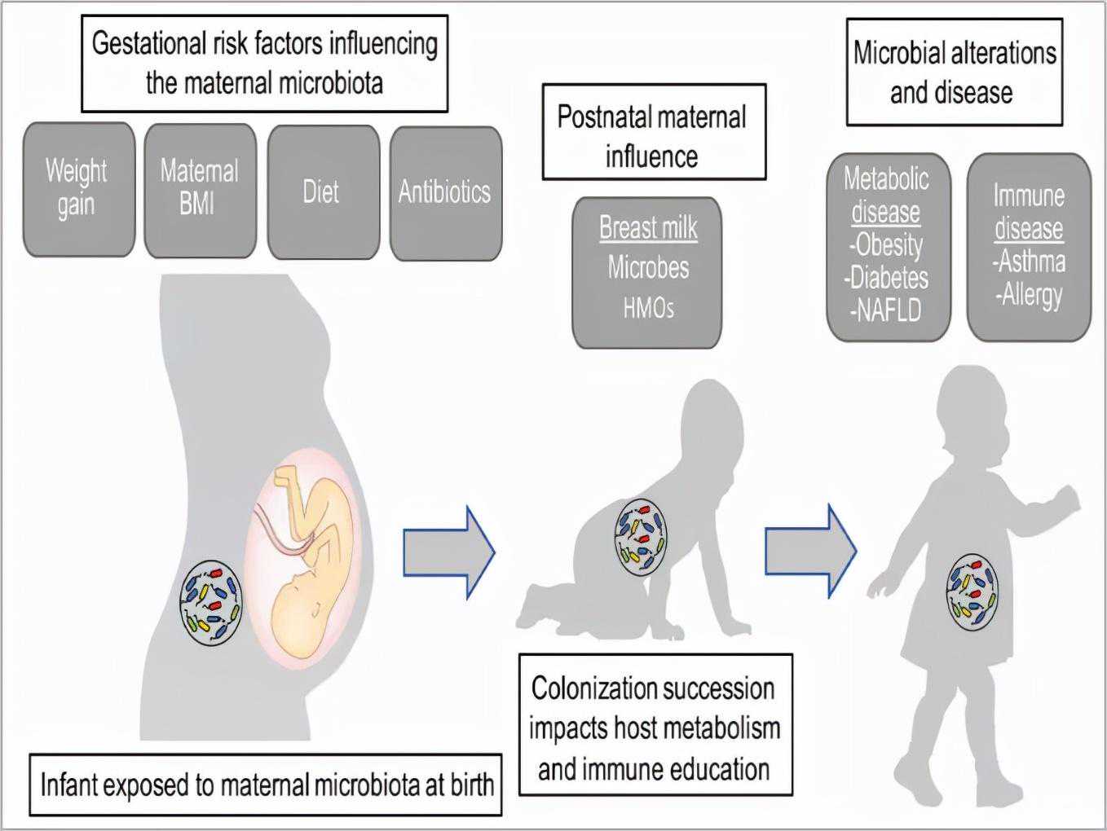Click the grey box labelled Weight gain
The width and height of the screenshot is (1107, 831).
[x=78, y=189]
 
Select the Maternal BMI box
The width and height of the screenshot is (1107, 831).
[x=200, y=189]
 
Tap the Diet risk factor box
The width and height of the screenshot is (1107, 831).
[x=323, y=191]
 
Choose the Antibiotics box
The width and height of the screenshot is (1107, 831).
[x=445, y=192]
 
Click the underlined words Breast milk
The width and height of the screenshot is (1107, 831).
[x=648, y=227]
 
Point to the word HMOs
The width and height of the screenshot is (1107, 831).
[x=648, y=308]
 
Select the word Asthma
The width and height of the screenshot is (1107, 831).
[x=1031, y=262]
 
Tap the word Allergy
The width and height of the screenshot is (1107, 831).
[x=1031, y=294]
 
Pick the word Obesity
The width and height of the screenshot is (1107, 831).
[x=889, y=244]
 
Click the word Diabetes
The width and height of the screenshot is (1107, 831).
[x=889, y=278]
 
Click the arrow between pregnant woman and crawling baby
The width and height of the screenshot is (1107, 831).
[x=449, y=552]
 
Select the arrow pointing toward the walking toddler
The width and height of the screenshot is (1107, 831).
[x=810, y=552]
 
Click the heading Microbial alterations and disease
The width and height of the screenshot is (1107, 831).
[x=954, y=73]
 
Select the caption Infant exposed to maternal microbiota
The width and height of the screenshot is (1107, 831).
[x=266, y=785]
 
